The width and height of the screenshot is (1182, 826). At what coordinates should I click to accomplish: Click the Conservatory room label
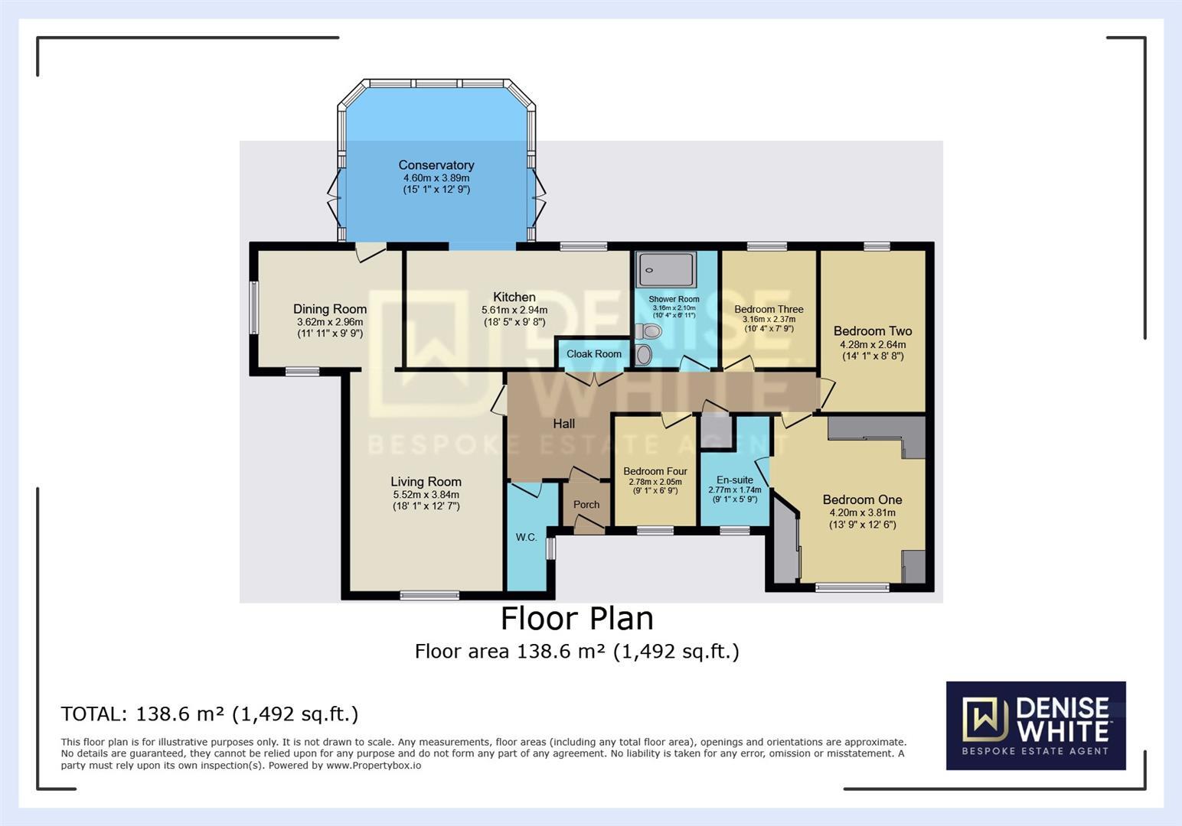[436, 165]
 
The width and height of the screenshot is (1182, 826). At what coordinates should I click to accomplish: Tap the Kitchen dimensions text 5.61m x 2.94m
[514, 310]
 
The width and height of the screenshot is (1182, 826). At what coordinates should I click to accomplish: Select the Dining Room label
[330, 309]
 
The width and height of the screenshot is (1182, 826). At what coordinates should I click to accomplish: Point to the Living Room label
[426, 482]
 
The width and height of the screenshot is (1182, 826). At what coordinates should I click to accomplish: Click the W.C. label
[526, 538]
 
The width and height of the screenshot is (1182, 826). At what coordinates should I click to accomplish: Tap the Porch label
[586, 505]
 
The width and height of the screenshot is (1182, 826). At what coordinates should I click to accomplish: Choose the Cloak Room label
[593, 354]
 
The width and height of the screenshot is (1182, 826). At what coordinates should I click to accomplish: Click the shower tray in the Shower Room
[666, 269]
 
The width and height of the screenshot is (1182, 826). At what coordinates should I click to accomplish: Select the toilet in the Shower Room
[648, 331]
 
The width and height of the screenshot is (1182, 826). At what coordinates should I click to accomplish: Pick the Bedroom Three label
[769, 310]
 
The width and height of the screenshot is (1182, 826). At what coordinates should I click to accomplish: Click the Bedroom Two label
[873, 331]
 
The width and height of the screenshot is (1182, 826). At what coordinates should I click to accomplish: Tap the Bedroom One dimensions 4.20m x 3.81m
[862, 512]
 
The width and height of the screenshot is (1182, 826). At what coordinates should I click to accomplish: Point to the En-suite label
[735, 480]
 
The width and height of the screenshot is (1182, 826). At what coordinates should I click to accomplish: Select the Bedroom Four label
[655, 471]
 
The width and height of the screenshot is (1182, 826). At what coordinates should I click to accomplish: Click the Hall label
[564, 424]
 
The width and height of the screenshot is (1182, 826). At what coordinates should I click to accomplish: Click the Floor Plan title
[576, 619]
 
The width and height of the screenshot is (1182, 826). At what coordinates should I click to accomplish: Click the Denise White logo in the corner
[1036, 725]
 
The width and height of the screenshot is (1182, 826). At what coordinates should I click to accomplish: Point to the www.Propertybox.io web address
[374, 766]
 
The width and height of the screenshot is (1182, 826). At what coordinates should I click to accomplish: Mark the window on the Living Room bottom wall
[429, 595]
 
